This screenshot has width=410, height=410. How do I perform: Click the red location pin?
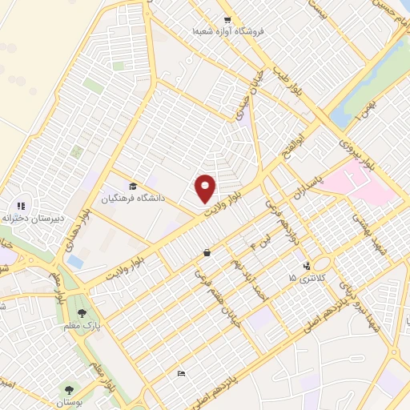click(x=206, y=187)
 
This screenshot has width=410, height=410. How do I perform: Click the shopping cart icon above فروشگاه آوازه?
click(x=227, y=20)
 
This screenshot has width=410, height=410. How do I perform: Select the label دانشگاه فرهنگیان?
click(x=132, y=195)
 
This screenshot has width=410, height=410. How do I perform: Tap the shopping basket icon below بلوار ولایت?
click(x=207, y=252)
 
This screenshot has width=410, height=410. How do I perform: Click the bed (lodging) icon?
click(x=181, y=373)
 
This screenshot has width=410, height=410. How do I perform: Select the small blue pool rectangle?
click(x=75, y=261)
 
